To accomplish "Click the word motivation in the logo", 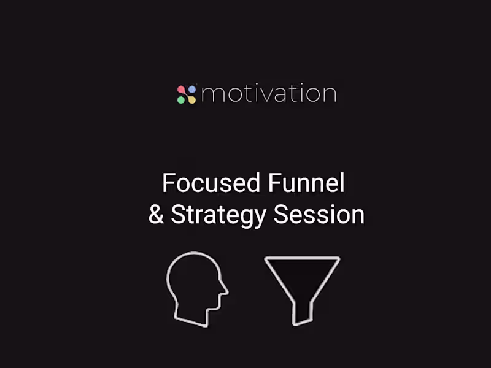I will (x=268, y=94).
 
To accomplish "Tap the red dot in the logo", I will (x=182, y=90).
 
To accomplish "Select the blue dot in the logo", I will (x=191, y=90).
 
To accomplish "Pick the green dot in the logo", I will (x=182, y=99).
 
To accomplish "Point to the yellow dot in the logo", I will (x=191, y=99).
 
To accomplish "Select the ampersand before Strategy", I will (x=156, y=215).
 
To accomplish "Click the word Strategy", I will (x=218, y=215).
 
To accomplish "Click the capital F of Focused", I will (x=168, y=183).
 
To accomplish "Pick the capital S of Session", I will (x=280, y=215).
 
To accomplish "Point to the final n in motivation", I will (x=328, y=95).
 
